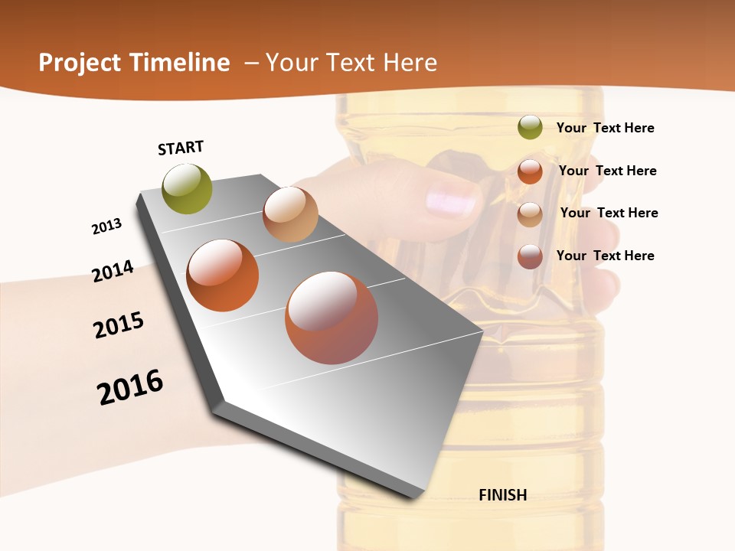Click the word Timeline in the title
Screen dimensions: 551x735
coord(180,63)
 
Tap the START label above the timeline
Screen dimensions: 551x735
coord(181,148)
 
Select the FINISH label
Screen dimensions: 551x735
coord(503,495)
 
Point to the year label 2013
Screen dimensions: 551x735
coord(107,227)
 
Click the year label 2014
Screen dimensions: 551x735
coord(113,271)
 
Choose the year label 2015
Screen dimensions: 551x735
coord(119,325)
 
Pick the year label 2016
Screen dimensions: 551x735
coord(130,387)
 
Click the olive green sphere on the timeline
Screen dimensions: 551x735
coord(188,189)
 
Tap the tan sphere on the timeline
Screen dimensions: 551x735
coord(290,215)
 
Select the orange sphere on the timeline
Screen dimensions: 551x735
coord(223,275)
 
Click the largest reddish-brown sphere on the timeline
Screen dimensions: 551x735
coord(332,318)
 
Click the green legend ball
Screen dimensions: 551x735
coord(530,127)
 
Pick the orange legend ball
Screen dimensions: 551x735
coord(530,171)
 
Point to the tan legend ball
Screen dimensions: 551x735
coord(530,214)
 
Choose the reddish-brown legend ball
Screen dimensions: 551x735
coord(530,256)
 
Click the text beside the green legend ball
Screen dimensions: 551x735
coord(605,128)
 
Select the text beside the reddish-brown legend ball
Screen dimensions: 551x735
coord(605,256)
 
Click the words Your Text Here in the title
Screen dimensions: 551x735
coord(351,63)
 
